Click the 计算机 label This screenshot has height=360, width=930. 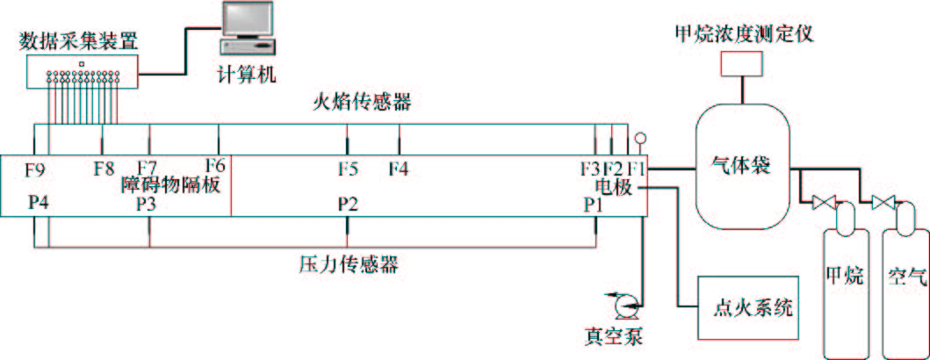point(247,75)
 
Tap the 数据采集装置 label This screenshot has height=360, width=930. point(84,40)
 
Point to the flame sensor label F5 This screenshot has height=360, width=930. point(348,166)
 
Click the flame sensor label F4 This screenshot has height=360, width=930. point(399,166)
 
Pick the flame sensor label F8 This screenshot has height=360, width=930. point(105,166)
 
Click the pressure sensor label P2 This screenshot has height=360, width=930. point(348,204)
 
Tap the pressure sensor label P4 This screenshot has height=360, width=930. point(38,203)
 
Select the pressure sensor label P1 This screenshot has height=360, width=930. point(595,204)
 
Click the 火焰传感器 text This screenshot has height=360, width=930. point(362,103)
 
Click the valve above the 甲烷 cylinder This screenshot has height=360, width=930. point(824,204)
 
